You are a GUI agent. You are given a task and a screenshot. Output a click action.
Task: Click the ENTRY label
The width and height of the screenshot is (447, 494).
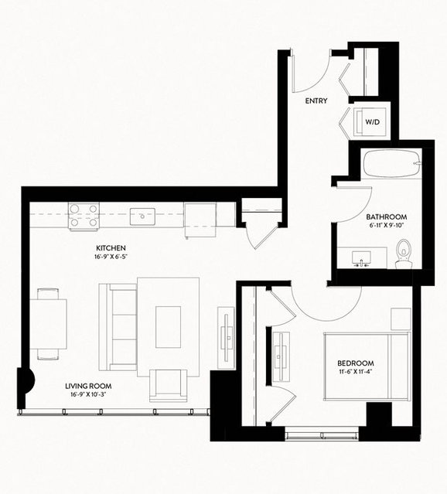pyautogui.click(x=316, y=101)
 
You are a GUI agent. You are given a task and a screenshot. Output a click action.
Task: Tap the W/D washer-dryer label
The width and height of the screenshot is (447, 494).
pyautogui.click(x=372, y=122)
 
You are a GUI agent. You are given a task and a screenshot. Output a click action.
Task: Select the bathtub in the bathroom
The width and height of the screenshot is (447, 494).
pyautogui.click(x=392, y=164)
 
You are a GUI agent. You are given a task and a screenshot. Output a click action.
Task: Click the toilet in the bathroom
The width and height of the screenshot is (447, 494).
pyautogui.click(x=404, y=254)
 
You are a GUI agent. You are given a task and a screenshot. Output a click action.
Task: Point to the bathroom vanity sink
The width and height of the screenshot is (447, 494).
pyautogui.click(x=361, y=258)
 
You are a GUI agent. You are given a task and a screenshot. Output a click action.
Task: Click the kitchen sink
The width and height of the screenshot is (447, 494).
pyautogui.click(x=142, y=216)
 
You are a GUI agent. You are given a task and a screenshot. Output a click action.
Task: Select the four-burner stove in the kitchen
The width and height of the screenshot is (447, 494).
pyautogui.click(x=84, y=215)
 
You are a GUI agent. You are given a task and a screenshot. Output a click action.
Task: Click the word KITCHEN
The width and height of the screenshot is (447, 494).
pyautogui.click(x=111, y=248)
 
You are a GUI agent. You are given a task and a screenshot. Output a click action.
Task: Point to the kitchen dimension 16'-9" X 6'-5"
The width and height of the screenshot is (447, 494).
pyautogui.click(x=111, y=257)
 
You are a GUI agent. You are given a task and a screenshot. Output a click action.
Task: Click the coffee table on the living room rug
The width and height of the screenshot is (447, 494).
pyautogui.click(x=168, y=327)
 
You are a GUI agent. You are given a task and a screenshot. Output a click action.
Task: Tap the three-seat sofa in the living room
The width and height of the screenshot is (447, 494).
pyautogui.click(x=118, y=327)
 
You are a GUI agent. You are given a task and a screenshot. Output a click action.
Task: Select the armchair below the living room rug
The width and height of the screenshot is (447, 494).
pyautogui.click(x=169, y=386)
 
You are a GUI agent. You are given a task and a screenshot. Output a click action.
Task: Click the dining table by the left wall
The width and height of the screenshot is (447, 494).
pyautogui.click(x=48, y=324)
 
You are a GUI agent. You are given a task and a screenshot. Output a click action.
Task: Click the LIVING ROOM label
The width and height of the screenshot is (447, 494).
pyautogui.click(x=88, y=386)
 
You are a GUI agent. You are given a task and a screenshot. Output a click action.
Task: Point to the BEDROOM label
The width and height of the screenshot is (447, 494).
pyautogui.click(x=356, y=363)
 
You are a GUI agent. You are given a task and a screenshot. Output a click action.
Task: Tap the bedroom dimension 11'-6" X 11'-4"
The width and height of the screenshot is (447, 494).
pyautogui.click(x=356, y=371)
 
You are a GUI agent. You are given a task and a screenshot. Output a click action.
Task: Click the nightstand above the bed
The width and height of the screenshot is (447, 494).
pyautogui.click(x=401, y=319)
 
